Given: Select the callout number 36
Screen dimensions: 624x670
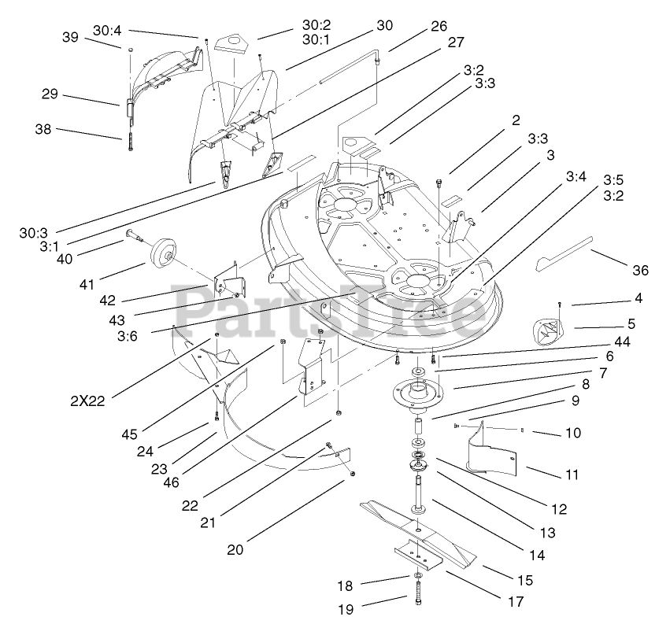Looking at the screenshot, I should (x=640, y=270).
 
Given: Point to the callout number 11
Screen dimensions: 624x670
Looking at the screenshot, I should (x=572, y=474).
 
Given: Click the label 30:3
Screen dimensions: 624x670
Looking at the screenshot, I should (x=33, y=233).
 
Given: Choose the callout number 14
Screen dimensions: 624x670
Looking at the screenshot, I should (x=537, y=555).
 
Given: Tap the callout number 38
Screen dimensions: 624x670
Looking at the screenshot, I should (x=43, y=129).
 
